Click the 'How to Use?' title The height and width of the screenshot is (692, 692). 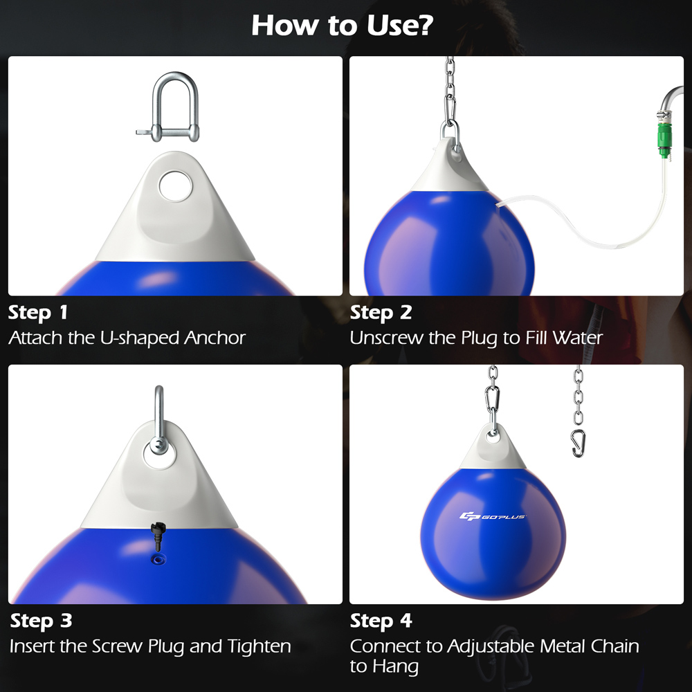(x=343, y=26)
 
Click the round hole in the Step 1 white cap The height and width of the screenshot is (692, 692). (x=170, y=186)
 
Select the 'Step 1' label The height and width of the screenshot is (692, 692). (x=38, y=313)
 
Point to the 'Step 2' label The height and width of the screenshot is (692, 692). (x=381, y=313)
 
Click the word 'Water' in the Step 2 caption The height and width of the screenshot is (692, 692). (x=578, y=338)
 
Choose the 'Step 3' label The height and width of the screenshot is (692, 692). (x=41, y=621)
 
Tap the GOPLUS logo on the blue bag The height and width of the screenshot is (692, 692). (x=493, y=516)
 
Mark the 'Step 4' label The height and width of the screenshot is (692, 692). (x=381, y=621)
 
